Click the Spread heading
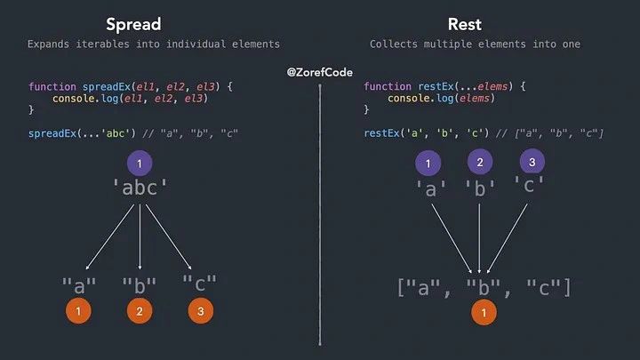(132, 24)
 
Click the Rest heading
(465, 24)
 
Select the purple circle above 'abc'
(139, 163)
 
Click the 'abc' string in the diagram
(140, 188)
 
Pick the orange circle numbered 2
(140, 311)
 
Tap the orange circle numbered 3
(200, 311)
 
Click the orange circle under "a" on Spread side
(78, 311)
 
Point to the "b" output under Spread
(140, 284)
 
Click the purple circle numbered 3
(532, 162)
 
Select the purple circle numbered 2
(480, 162)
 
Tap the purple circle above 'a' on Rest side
(428, 163)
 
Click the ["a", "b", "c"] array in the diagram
(483, 286)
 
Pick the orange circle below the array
(484, 312)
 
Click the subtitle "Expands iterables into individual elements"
(153, 44)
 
